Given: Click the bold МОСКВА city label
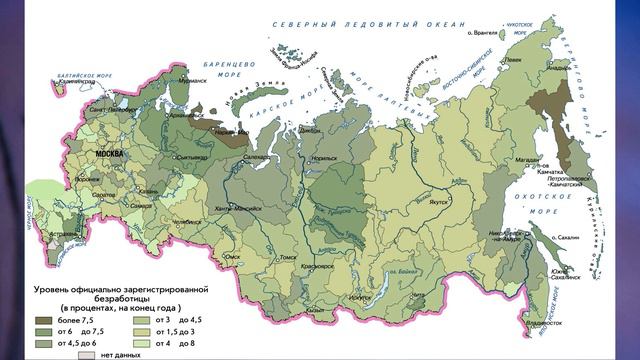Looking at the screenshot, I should point(108,156).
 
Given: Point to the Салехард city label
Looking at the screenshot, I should point(258,158).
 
